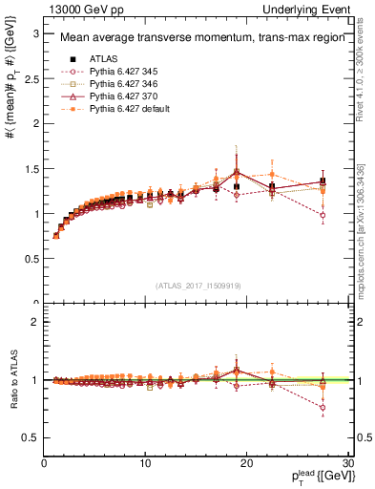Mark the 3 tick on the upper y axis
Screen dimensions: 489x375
[35, 33]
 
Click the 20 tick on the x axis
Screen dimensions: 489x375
[246, 463]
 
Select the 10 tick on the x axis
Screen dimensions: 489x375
[145, 463]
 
